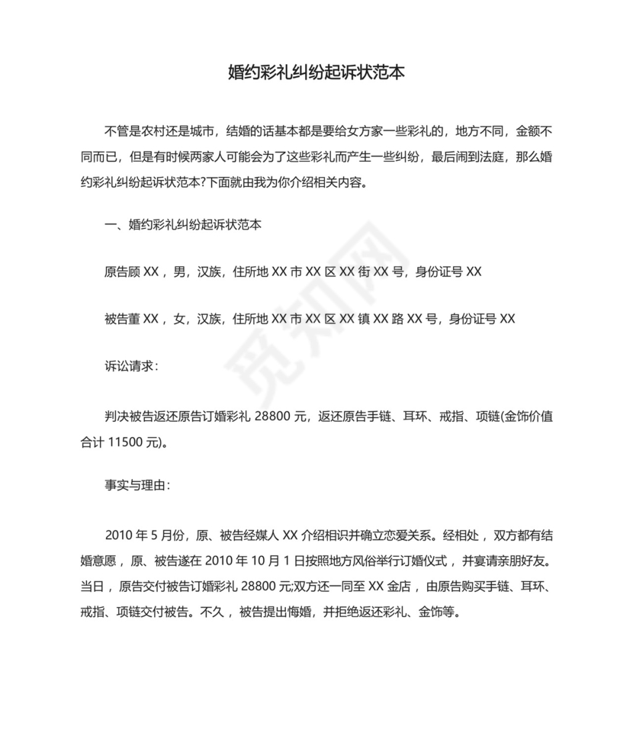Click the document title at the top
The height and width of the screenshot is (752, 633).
[316, 73]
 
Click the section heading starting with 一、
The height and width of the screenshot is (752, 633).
[183, 225]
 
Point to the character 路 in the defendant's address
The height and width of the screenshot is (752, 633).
[398, 319]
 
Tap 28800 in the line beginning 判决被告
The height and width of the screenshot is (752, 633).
[279, 416]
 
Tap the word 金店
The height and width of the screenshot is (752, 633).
[401, 587]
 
